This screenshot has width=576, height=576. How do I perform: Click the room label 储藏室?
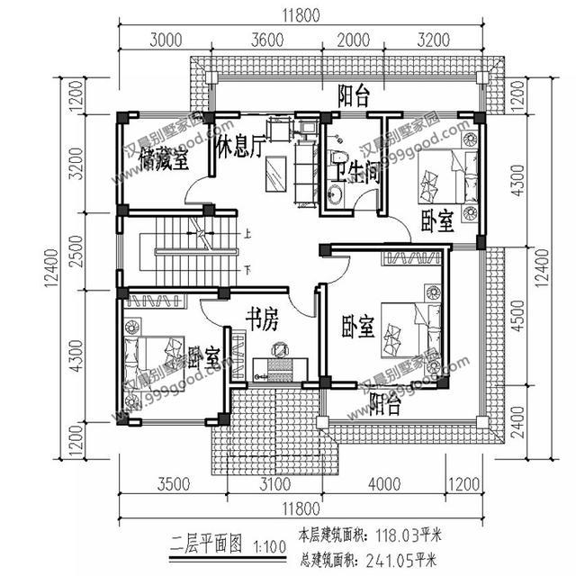(x=165, y=161)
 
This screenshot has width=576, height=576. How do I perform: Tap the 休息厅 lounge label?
(x=238, y=148)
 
